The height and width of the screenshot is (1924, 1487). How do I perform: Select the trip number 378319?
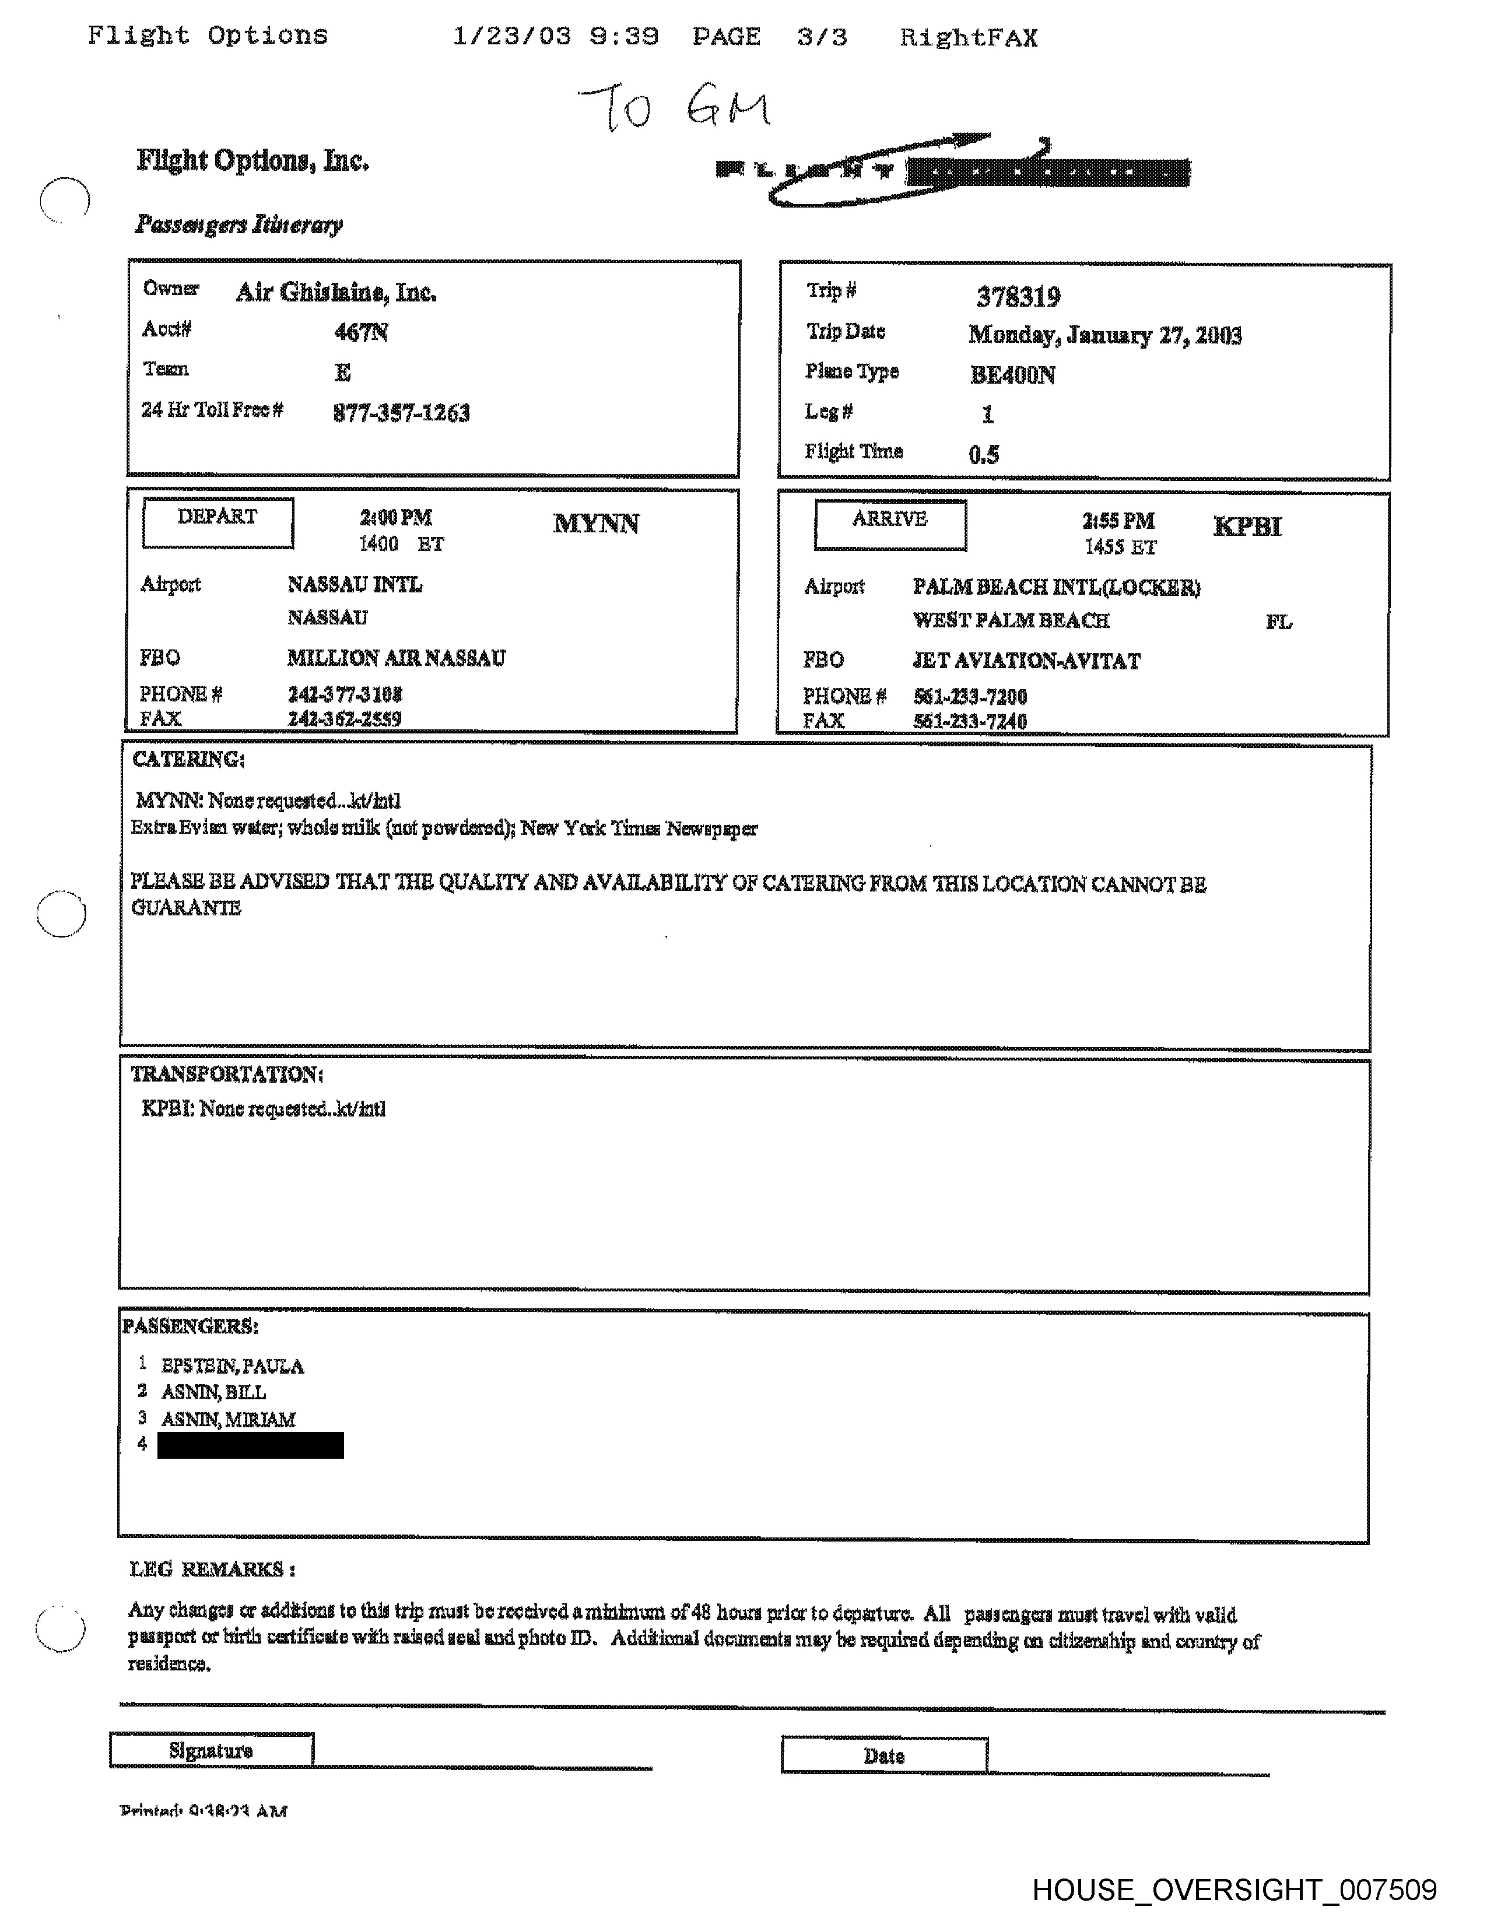click(x=1018, y=297)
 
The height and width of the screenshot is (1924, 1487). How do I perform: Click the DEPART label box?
click(x=218, y=522)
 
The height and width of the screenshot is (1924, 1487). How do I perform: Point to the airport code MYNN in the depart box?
click(x=597, y=524)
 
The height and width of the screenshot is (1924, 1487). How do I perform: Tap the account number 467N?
click(x=361, y=332)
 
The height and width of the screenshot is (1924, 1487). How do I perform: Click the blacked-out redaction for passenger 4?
click(x=250, y=1446)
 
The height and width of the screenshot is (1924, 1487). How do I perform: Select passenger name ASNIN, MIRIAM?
click(x=228, y=1419)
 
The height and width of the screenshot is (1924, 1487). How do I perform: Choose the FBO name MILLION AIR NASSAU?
click(x=397, y=658)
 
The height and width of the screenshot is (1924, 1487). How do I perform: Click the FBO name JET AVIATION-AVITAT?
click(x=1026, y=661)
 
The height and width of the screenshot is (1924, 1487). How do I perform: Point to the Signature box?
click(x=212, y=1750)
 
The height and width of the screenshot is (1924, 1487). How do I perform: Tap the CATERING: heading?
click(x=188, y=759)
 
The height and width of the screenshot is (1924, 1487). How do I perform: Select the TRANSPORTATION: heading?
click(x=226, y=1074)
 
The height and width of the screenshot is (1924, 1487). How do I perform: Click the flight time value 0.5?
click(x=983, y=455)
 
